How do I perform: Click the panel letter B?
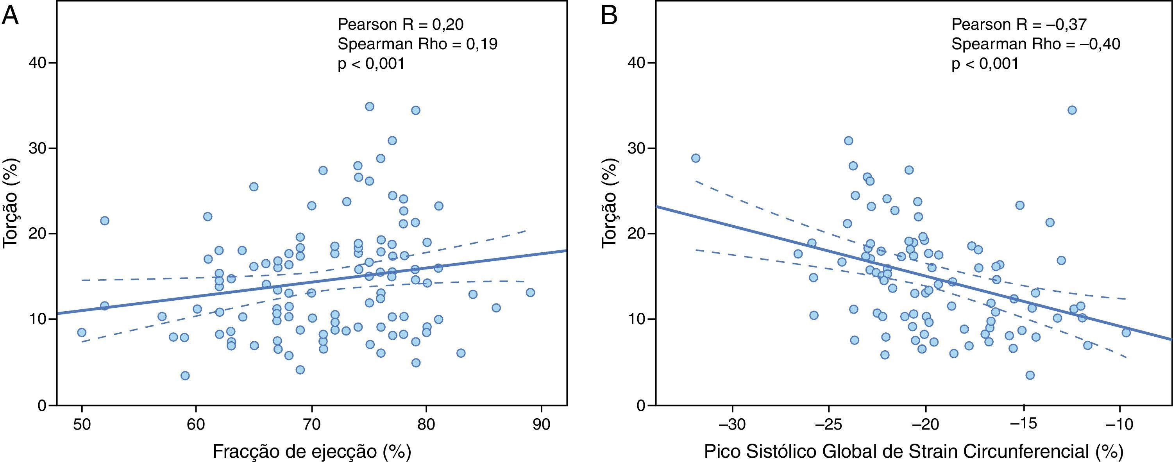click(x=610, y=17)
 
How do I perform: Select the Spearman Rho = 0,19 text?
click(x=417, y=44)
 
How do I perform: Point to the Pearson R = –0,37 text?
click(x=1019, y=24)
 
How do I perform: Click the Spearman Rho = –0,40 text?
click(x=1035, y=44)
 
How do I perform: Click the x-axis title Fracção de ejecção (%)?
click(x=311, y=451)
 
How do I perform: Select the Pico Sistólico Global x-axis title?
click(x=914, y=451)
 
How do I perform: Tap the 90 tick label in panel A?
click(x=541, y=425)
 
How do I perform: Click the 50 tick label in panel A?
click(x=82, y=425)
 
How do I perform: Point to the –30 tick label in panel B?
click(x=732, y=425)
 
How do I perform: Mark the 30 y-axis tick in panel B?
click(x=637, y=148)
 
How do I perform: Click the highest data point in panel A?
click(x=369, y=107)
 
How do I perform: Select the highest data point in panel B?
click(x=1072, y=110)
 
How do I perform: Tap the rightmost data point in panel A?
click(x=530, y=292)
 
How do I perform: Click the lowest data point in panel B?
click(x=1030, y=375)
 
